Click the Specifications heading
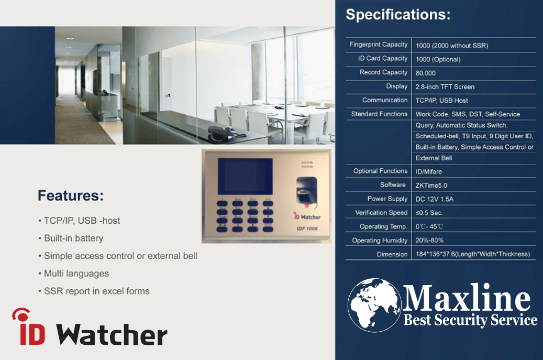(398, 15)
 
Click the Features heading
(71, 195)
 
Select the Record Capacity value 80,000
(426, 73)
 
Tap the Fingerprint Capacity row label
(378, 45)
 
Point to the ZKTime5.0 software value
(431, 186)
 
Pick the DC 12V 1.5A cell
(434, 199)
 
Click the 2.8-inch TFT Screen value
(445, 87)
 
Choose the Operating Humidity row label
(380, 241)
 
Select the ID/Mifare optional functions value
(429, 171)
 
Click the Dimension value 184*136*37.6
(473, 254)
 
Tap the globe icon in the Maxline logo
(374, 304)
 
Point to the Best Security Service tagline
(470, 320)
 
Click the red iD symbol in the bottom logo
(29, 327)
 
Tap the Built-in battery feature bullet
(71, 238)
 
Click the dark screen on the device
(245, 177)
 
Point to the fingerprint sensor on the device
(306, 193)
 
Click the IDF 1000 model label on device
(307, 228)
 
